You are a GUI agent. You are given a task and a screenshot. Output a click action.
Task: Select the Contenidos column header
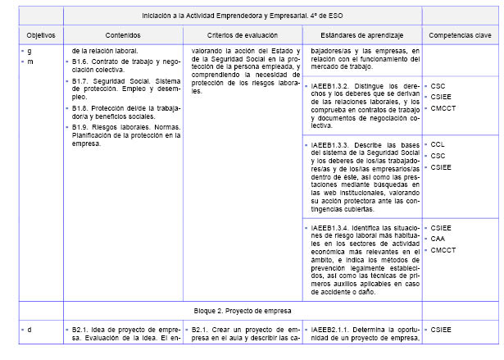123,36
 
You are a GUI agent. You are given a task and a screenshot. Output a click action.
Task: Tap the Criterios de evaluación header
242,36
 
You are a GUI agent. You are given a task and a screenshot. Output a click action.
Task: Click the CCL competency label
438,144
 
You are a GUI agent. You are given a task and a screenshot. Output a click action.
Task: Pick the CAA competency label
438,239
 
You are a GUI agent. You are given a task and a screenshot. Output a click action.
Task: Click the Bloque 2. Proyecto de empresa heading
242,312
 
